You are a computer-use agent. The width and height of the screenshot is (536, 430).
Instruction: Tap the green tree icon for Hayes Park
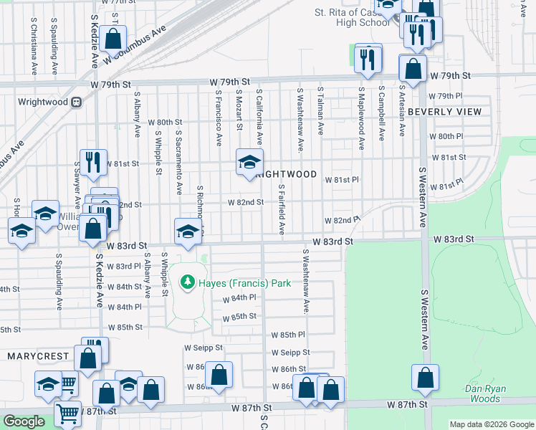coord(188,282)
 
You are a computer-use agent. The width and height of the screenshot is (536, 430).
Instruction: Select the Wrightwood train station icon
coord(75,102)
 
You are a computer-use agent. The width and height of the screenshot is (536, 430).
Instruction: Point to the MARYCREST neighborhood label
coord(38,356)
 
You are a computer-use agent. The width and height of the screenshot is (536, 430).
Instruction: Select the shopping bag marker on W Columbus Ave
coord(113,39)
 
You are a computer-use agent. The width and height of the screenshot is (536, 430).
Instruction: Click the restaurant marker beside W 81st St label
coord(92,163)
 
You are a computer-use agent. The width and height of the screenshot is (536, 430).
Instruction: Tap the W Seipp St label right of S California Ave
coord(290,352)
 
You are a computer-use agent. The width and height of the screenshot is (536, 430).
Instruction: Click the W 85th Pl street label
coord(288,335)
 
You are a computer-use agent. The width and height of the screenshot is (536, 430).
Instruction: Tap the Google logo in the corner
coord(24,422)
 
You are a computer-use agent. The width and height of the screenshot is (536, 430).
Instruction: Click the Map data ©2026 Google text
coord(492,424)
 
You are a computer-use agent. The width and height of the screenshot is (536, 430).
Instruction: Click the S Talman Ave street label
coord(320,113)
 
